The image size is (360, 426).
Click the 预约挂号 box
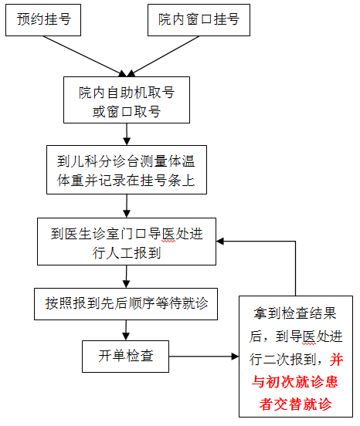point(43,20)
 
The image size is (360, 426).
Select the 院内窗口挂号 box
point(199,20)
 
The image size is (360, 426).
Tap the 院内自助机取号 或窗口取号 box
point(127,100)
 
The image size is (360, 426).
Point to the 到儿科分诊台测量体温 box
point(127,170)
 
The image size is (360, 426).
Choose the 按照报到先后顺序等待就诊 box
point(126,304)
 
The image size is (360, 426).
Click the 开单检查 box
point(126,357)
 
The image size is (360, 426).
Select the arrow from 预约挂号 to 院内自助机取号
point(85,56)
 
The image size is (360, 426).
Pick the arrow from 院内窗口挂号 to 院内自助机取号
point(163,56)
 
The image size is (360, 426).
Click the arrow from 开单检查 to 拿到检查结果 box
point(204,357)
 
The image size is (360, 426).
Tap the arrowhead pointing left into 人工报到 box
point(219,242)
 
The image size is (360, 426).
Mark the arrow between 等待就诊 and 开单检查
point(126,330)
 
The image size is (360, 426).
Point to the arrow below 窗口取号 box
point(127,134)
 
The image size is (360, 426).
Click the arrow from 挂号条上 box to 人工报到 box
point(127,206)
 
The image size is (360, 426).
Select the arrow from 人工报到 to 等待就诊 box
point(127,277)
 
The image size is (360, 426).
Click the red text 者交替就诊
point(296,404)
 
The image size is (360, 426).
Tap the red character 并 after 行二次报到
point(336,360)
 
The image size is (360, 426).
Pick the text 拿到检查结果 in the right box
point(295,314)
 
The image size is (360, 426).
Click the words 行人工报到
point(127,253)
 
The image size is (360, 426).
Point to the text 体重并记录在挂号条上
point(126,180)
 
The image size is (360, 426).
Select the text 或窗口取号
point(127,112)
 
